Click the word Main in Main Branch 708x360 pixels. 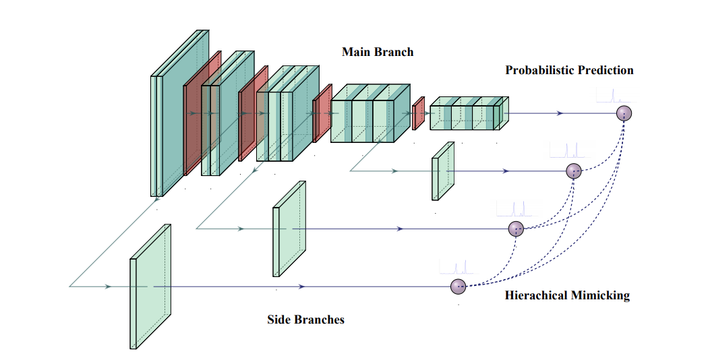click(356, 52)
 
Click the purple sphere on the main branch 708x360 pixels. click(625, 113)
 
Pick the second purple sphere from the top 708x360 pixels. click(574, 171)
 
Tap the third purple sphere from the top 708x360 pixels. click(516, 229)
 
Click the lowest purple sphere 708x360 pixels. click(459, 287)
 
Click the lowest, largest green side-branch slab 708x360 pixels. click(150, 287)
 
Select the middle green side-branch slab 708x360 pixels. click(289, 229)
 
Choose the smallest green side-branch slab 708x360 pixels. click(443, 171)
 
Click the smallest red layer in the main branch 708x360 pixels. click(418, 113)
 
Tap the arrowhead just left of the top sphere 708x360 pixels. click(560, 113)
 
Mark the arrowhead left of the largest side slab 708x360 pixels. click(107, 287)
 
